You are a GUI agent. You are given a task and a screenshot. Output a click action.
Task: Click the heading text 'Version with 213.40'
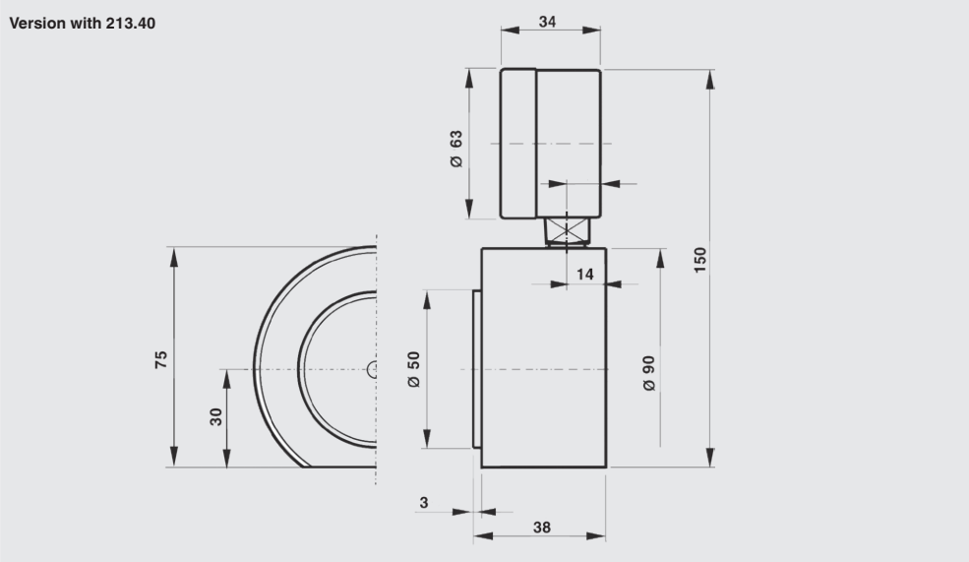[x=83, y=24]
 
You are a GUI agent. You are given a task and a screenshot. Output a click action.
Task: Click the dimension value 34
[x=548, y=22]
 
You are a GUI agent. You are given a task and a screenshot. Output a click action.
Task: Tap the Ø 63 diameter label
[x=456, y=149]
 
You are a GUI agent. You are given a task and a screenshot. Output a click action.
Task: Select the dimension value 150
[x=699, y=260]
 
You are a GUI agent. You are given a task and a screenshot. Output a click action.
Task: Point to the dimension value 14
[x=584, y=274]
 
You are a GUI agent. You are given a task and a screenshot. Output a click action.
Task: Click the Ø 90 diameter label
[x=648, y=373]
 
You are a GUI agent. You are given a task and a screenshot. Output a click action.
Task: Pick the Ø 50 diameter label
[x=413, y=369]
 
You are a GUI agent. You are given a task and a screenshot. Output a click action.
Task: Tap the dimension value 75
[x=160, y=360]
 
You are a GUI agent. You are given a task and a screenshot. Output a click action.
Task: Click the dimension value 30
[x=215, y=416]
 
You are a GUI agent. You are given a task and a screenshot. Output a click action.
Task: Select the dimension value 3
[x=423, y=503]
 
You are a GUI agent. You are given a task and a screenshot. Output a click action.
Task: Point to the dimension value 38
[x=541, y=528]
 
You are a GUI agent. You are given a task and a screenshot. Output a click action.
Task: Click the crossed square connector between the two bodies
[x=567, y=231]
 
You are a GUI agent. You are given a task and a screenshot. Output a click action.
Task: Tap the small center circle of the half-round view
[x=372, y=370]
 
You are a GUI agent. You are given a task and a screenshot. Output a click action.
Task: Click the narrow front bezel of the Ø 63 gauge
[x=517, y=144]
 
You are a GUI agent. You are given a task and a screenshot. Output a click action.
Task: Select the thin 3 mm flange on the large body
[x=476, y=369]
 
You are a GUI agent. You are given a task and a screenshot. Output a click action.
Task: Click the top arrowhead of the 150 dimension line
[x=710, y=79]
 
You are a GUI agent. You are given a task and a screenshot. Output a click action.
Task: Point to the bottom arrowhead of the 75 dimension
[x=174, y=457]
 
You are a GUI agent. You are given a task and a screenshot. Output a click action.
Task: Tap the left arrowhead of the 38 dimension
[x=483, y=535]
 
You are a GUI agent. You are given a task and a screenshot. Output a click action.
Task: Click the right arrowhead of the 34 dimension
[x=591, y=30]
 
